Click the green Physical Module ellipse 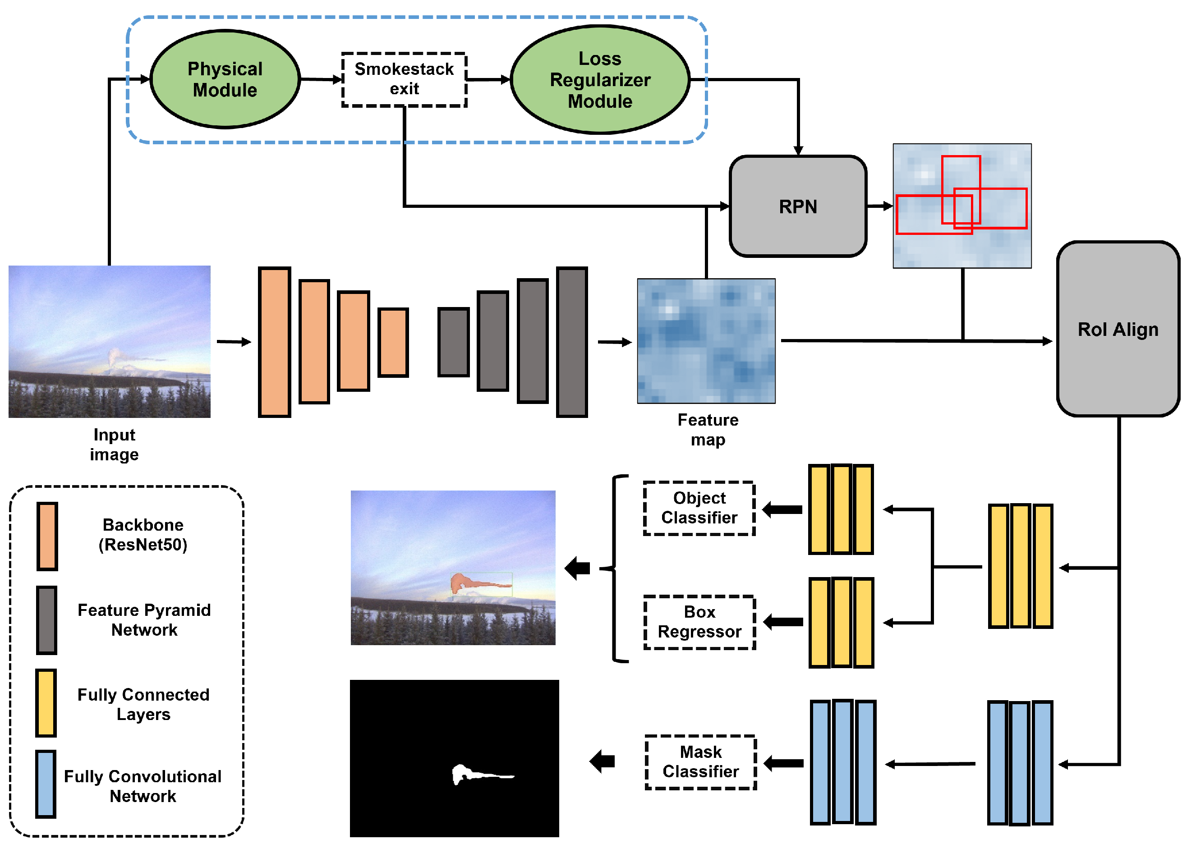point(225,79)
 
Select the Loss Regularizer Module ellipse point(600,80)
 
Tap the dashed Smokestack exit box point(404,79)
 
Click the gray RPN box point(797,206)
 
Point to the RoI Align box point(1117,329)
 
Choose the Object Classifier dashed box point(699,508)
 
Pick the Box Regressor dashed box point(699,622)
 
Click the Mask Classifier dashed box point(700,761)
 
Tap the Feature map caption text point(708,430)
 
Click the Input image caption point(114,445)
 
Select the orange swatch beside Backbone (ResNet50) point(47,536)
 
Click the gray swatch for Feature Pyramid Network point(47,620)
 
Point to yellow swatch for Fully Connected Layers point(46,703)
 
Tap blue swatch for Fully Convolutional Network point(46,784)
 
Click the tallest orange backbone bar point(274,342)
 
